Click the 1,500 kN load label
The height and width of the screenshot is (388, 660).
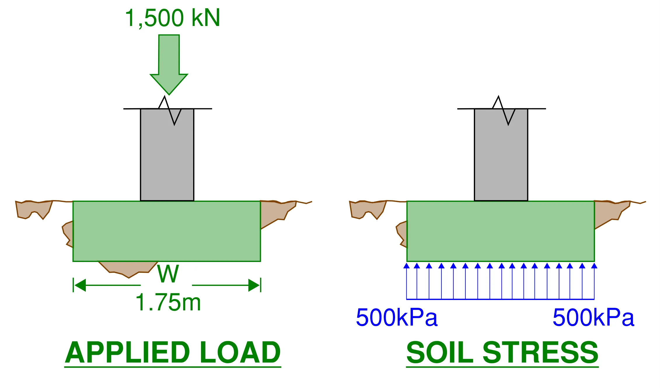(172, 18)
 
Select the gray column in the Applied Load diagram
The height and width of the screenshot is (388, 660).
(167, 155)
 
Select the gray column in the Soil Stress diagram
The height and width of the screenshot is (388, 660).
(501, 155)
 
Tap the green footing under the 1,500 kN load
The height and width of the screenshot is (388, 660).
(167, 231)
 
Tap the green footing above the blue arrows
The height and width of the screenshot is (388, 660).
(501, 231)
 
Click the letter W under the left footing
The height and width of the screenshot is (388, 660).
(168, 274)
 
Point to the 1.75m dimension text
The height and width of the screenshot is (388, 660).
(168, 302)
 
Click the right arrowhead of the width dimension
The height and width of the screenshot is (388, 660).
(254, 285)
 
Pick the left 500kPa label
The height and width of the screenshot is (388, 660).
(397, 317)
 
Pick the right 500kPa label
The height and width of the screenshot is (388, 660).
(593, 317)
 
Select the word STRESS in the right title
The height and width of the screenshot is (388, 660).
(540, 352)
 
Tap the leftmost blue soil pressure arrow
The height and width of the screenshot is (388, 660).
(406, 281)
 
